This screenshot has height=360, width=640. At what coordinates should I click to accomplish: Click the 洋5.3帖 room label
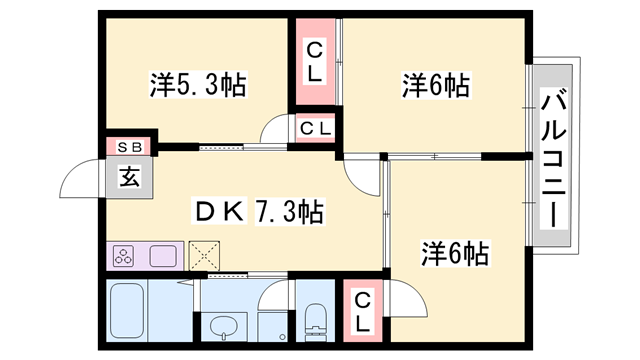(197, 86)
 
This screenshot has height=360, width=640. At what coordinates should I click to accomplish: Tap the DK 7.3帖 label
(259, 212)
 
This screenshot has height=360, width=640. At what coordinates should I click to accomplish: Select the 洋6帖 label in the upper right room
(434, 86)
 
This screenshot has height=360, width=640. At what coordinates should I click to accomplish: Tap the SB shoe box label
(130, 147)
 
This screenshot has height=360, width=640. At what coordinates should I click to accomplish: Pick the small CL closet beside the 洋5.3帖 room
(315, 128)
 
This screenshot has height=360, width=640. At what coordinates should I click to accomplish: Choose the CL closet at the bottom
(363, 312)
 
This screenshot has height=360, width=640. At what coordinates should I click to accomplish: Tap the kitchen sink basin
(163, 256)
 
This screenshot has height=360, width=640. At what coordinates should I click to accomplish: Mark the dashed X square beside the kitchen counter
(205, 256)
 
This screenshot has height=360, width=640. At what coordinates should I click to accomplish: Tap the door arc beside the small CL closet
(274, 130)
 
